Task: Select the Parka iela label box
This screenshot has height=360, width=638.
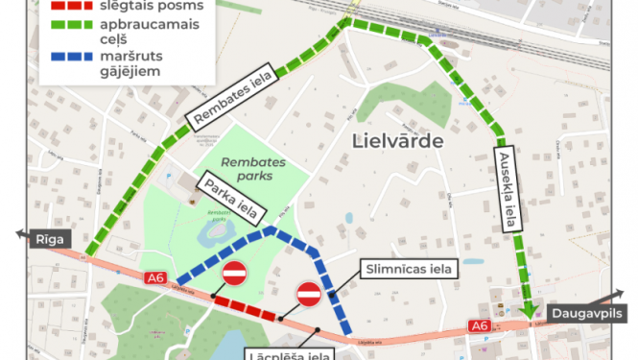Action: click(x=224, y=195)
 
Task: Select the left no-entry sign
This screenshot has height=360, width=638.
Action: click(x=235, y=274)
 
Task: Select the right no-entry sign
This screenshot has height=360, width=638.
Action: click(x=309, y=293)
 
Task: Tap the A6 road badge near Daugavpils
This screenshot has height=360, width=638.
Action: click(x=480, y=326)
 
